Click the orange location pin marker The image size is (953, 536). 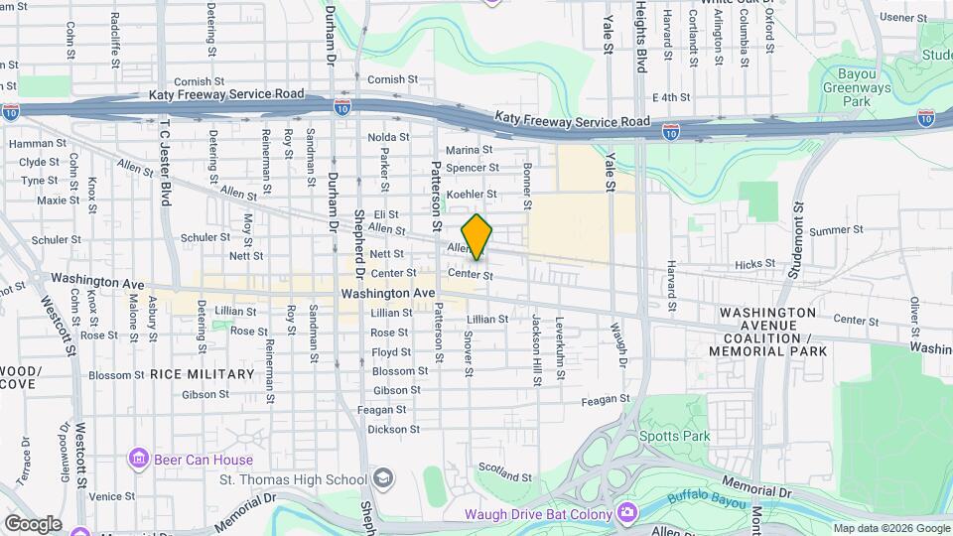pos(477,236)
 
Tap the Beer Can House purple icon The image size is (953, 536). pos(138,459)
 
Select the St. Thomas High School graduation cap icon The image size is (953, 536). pos(383,479)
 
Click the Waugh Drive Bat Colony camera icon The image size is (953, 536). pos(626,512)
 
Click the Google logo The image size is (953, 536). pos(32,524)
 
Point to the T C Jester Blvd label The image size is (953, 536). pos(162,163)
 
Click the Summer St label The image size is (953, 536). pos(832,231)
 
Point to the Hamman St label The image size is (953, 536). pos(30,144)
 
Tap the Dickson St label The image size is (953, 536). pos(387,430)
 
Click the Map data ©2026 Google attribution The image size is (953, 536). pos(890,528)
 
